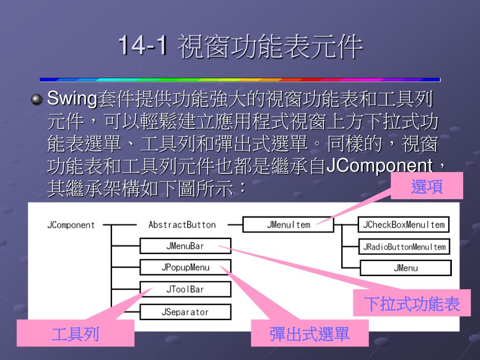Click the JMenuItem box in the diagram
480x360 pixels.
tap(288, 225)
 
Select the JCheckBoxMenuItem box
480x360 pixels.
tap(403, 225)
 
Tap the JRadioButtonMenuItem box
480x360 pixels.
tap(403, 246)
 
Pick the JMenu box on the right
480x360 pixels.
tap(405, 268)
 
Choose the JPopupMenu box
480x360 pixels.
tap(185, 268)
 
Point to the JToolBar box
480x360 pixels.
tap(185, 289)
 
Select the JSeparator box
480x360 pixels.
tap(185, 312)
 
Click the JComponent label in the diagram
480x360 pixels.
tap(71, 225)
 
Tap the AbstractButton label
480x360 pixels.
tap(182, 225)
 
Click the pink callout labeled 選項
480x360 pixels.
tap(427, 186)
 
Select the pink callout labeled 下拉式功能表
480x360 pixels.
tap(412, 304)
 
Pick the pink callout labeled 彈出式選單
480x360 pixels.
tap(309, 334)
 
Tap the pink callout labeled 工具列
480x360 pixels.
tap(75, 334)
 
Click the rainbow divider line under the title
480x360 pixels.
tap(240, 80)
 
